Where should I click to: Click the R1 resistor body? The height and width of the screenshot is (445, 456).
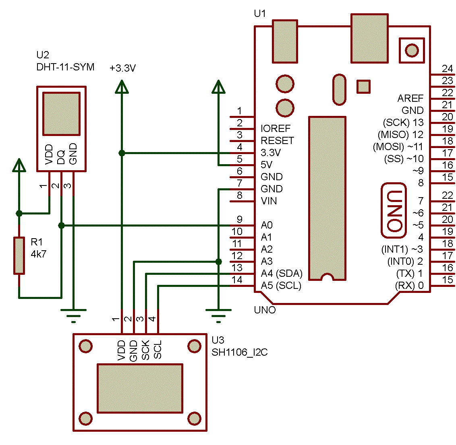(19, 255)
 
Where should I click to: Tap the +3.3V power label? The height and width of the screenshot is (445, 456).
(122, 68)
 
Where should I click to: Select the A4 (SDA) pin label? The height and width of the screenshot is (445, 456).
(281, 274)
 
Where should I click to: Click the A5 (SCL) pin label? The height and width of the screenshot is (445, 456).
(281, 286)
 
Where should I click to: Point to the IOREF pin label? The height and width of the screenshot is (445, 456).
(276, 129)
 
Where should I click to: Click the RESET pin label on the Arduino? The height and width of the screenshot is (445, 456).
(277, 141)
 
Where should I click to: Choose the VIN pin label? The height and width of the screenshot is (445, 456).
(269, 201)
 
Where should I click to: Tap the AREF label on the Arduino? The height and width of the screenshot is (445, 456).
(410, 99)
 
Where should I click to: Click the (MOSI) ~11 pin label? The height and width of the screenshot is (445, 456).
(398, 147)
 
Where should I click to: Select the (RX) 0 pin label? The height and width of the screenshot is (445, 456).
(409, 286)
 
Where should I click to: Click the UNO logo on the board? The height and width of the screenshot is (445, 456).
(394, 210)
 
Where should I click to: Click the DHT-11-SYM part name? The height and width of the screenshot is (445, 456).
(65, 67)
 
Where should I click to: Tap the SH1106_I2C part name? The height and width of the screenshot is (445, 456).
(239, 352)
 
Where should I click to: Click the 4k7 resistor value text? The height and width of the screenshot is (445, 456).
(39, 254)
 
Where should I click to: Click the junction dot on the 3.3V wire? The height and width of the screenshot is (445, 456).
(121, 153)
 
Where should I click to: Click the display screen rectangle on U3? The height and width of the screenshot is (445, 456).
(140, 388)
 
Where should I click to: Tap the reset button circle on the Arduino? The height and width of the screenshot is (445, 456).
(412, 50)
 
